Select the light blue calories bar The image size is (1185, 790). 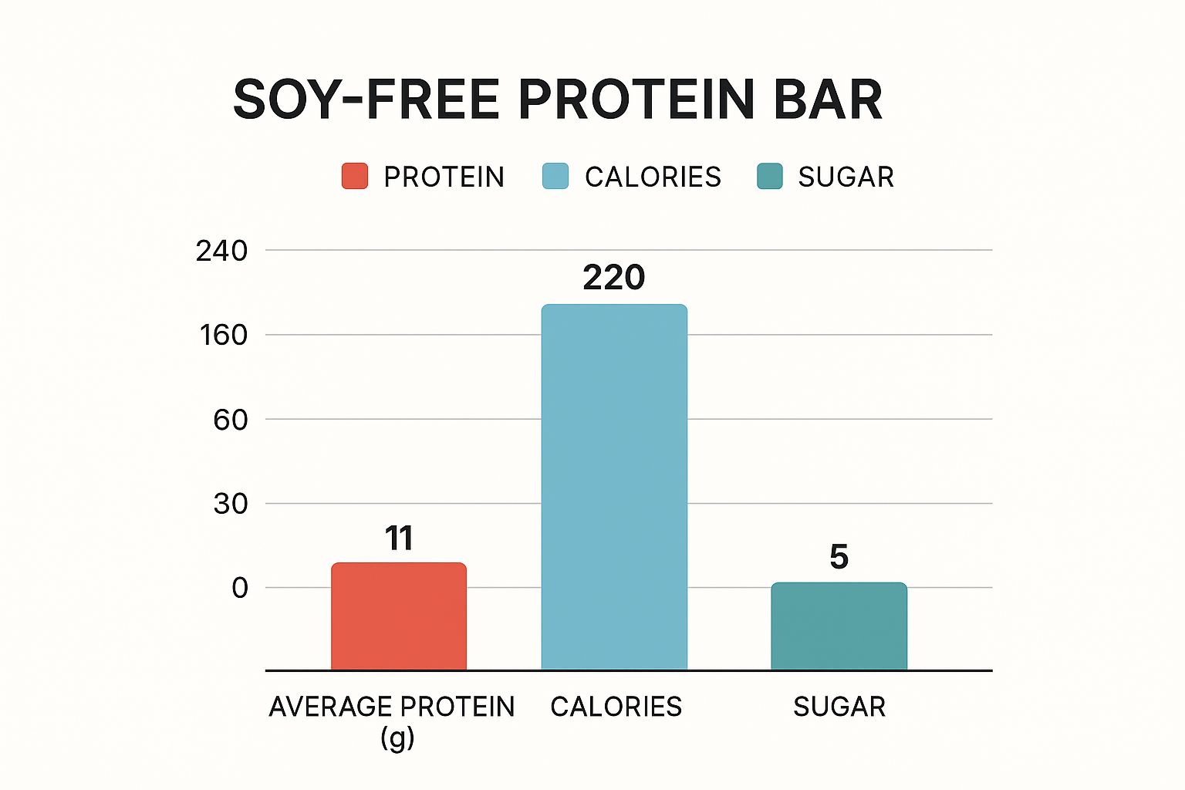tap(614, 486)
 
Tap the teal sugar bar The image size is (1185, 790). tap(839, 626)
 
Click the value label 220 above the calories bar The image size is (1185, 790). tap(614, 278)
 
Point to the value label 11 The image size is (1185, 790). tap(399, 538)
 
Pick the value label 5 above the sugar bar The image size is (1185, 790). tap(839, 557)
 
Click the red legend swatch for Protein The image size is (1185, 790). tap(355, 177)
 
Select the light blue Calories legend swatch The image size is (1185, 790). tap(555, 177)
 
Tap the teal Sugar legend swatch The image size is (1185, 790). tap(770, 177)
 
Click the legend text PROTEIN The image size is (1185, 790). tap(444, 177)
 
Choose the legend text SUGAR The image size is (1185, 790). tap(846, 177)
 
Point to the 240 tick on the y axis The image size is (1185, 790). tap(221, 251)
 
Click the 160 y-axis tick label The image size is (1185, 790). tap(223, 335)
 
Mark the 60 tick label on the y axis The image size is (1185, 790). tap(230, 420)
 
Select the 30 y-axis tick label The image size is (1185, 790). tap(230, 504)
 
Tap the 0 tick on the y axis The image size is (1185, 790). tap(240, 588)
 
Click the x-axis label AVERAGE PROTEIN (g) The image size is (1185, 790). tap(392, 721)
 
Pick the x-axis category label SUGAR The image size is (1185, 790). tap(839, 707)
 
